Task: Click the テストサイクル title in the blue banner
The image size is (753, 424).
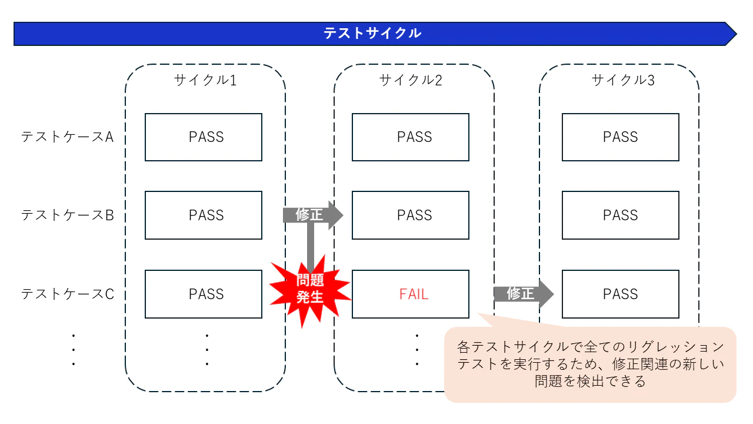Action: tap(372, 34)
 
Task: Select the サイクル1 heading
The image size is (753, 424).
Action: tap(205, 80)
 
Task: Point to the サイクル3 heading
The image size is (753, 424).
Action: tap(622, 80)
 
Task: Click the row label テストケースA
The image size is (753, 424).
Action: tap(67, 137)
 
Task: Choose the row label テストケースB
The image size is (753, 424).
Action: tap(67, 215)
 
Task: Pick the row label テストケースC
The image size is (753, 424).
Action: tap(67, 293)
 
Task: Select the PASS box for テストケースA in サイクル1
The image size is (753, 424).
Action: tap(204, 137)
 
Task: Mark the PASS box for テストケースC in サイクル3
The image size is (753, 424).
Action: tap(621, 294)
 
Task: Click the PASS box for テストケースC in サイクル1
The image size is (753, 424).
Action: tap(204, 294)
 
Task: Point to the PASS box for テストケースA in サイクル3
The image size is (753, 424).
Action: tap(621, 137)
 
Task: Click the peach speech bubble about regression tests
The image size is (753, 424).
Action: tap(590, 364)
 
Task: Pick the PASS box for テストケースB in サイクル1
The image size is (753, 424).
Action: tap(204, 215)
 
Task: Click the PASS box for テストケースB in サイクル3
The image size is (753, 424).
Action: tap(621, 215)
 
